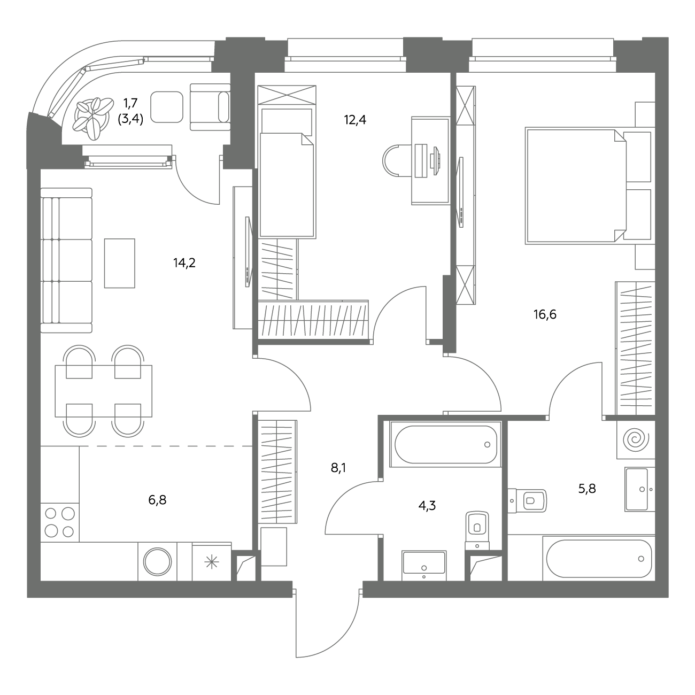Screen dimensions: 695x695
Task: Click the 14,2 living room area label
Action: (x=184, y=263)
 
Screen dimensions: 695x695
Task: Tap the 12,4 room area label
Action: (x=355, y=120)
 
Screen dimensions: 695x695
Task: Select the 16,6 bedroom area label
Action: (x=545, y=314)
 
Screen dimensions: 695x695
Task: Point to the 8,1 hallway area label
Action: (x=338, y=468)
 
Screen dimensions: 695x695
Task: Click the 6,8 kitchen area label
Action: (x=157, y=500)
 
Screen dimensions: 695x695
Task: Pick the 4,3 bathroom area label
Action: (x=427, y=506)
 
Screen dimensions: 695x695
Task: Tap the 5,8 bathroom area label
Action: (x=587, y=489)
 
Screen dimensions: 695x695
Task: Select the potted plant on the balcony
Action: (x=91, y=118)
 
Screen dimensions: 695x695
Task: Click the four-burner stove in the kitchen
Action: (x=59, y=523)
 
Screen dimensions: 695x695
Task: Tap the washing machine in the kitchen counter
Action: (x=157, y=561)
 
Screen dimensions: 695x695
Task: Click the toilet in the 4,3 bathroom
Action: (x=477, y=530)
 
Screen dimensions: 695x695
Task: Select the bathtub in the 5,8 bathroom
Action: (x=599, y=558)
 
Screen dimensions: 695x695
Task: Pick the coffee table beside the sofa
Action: (x=120, y=263)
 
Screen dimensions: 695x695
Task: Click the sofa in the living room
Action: (x=66, y=260)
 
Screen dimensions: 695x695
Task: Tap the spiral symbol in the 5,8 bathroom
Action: (x=636, y=439)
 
